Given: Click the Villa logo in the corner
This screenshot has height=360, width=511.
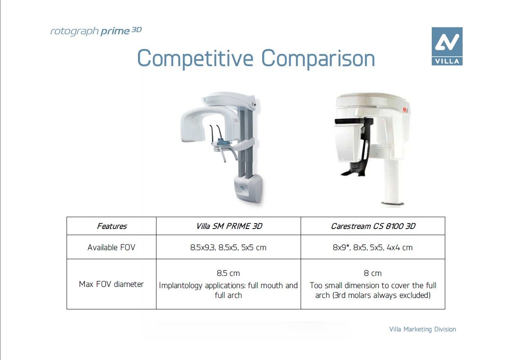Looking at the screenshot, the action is click(x=447, y=46).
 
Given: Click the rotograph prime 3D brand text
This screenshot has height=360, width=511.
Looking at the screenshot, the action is click(x=96, y=31).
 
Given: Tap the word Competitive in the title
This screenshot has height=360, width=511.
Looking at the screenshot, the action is click(x=195, y=59).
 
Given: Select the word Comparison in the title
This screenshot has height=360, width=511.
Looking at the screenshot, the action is click(x=318, y=59).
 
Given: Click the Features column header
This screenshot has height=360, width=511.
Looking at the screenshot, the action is click(x=112, y=226).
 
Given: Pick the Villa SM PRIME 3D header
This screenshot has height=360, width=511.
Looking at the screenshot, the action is click(x=229, y=226).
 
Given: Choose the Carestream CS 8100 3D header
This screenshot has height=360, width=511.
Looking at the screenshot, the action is click(x=373, y=226).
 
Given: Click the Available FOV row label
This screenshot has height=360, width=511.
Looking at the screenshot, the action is click(x=112, y=247).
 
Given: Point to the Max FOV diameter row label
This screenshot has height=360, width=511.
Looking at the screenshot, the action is click(x=112, y=284).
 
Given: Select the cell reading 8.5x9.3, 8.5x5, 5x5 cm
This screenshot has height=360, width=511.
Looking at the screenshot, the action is click(x=228, y=248).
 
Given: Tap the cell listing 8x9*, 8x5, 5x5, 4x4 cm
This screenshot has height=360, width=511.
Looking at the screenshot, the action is click(x=373, y=248).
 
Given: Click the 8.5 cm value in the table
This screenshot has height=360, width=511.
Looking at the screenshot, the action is click(x=228, y=273).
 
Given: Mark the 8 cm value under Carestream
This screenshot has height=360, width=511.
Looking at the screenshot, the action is click(x=373, y=273).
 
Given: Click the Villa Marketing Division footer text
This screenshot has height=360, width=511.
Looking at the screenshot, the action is click(x=422, y=329).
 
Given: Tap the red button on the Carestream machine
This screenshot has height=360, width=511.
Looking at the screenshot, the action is click(x=405, y=110).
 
